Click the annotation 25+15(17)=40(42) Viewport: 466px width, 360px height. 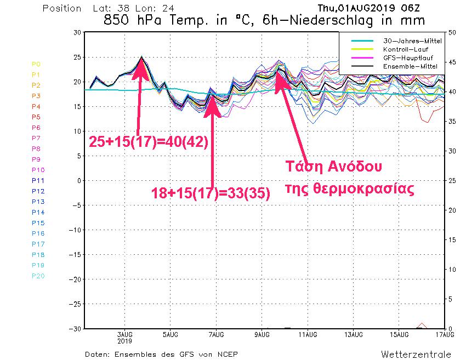point(148,142)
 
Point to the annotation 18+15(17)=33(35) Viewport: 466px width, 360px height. point(211,193)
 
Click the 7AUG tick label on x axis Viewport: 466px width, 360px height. point(216,334)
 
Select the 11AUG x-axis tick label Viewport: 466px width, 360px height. point(308,334)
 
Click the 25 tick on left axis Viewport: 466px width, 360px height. point(77,58)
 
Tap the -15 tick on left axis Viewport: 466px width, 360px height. point(75,255)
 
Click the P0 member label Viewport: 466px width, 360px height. point(36,64)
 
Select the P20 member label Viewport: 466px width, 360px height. point(38,276)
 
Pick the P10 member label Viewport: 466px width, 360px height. point(38,170)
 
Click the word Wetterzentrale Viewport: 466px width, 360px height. point(416,353)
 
